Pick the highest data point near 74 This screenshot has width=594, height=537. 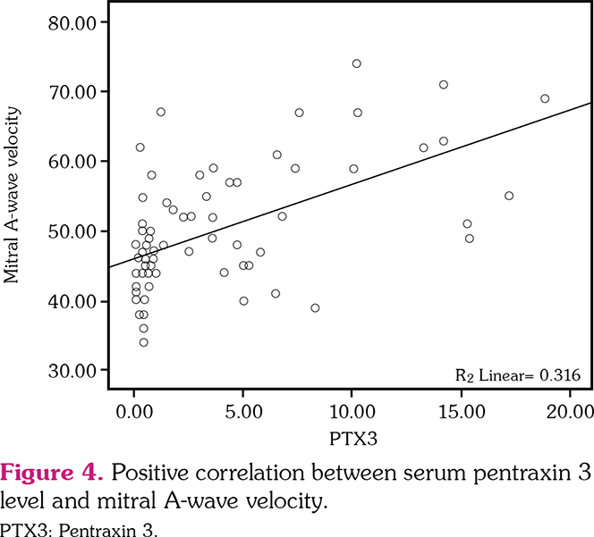[x=356, y=63]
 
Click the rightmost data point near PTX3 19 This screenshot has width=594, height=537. [x=545, y=98]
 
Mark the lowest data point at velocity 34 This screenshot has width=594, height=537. [x=143, y=342]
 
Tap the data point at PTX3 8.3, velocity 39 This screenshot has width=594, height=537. [x=315, y=307]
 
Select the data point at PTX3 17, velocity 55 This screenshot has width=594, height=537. [x=509, y=196]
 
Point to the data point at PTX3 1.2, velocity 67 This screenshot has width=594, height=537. [x=161, y=112]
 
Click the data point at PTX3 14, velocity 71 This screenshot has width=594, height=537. [x=444, y=85]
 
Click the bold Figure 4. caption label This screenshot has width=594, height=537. [x=55, y=469]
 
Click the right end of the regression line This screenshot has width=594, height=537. [x=591, y=104]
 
